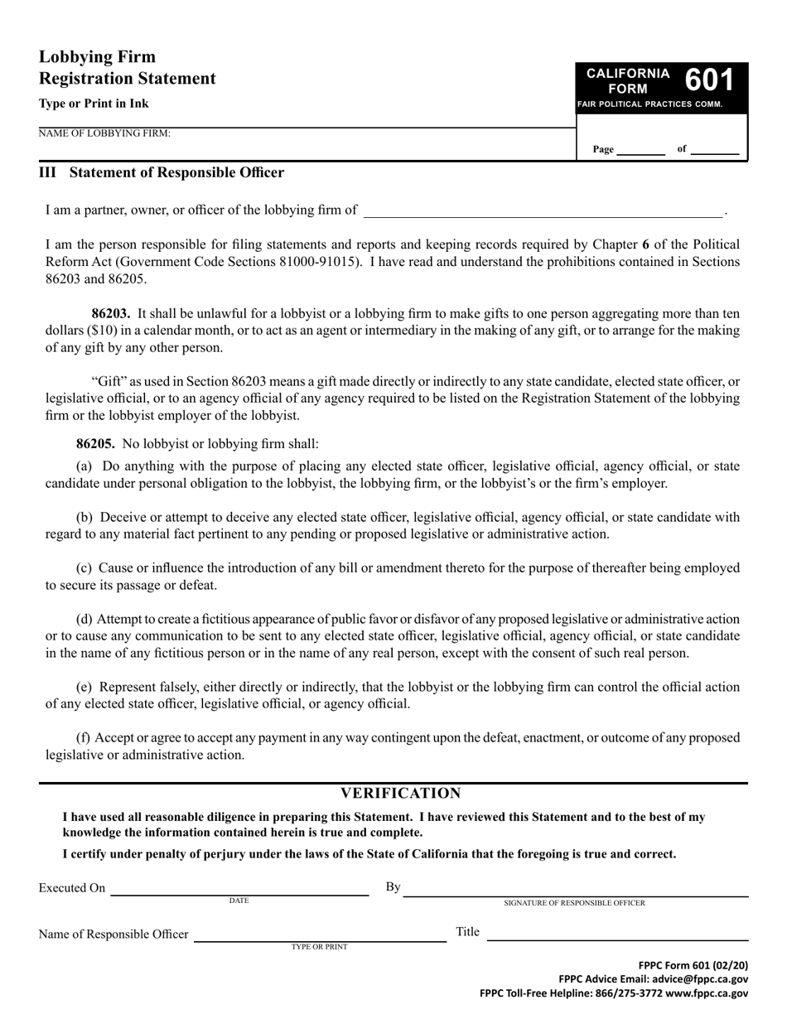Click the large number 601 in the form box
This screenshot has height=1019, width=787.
(x=709, y=80)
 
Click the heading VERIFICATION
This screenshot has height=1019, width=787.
(x=401, y=794)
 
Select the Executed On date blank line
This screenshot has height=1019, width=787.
(x=239, y=892)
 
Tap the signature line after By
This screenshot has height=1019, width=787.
(x=575, y=892)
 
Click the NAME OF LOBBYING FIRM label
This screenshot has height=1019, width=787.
(x=104, y=133)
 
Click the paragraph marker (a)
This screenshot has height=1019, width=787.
(x=84, y=466)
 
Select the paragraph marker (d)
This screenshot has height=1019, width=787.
(x=84, y=619)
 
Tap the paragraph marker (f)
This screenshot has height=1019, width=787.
(x=84, y=737)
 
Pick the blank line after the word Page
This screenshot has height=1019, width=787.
(x=640, y=152)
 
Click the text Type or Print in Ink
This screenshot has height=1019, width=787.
(x=94, y=104)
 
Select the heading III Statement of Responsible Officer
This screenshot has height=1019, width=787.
(x=162, y=172)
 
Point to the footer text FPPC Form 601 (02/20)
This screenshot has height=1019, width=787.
(x=693, y=965)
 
